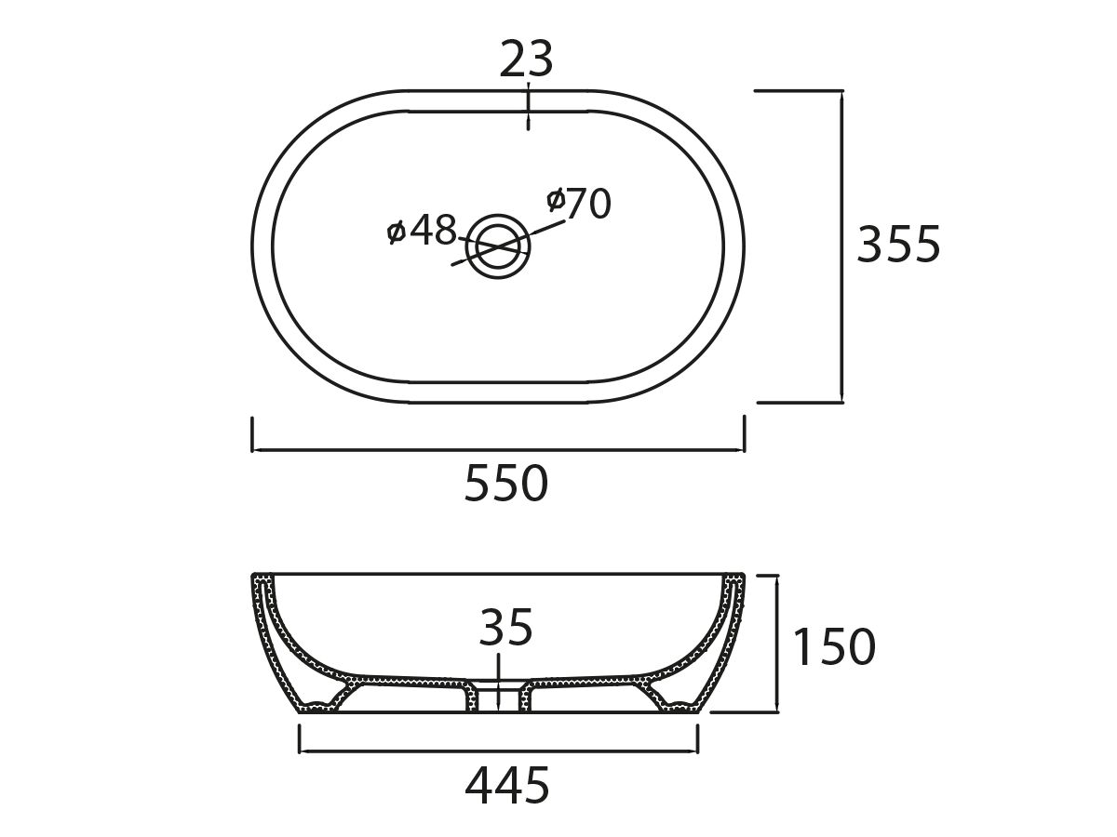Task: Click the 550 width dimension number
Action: click(506, 484)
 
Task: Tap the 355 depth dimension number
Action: click(898, 245)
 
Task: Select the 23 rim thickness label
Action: click(527, 60)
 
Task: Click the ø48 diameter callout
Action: click(422, 230)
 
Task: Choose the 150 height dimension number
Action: click(833, 647)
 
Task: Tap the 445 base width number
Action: click(507, 787)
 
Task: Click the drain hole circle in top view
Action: click(498, 246)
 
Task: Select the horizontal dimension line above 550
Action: click(498, 450)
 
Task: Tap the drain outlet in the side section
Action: click(498, 697)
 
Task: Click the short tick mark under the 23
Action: click(528, 106)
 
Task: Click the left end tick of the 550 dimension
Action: click(253, 434)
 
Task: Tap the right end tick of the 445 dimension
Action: click(697, 738)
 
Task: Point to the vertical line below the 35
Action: click(499, 684)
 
